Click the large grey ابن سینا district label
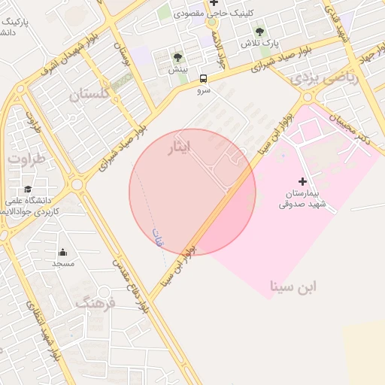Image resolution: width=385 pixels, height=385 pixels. (x=294, y=286)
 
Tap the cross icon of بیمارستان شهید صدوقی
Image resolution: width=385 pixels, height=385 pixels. (x=302, y=181)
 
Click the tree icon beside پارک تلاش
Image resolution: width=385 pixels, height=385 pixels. (x=260, y=32)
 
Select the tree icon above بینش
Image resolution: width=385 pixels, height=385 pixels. (x=177, y=57)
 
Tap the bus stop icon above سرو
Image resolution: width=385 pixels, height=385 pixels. (x=204, y=78)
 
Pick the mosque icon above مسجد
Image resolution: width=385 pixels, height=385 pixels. (x=62, y=252)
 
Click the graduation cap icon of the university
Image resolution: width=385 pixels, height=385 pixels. (x=28, y=189)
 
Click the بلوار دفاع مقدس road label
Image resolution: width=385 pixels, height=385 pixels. (x=129, y=286)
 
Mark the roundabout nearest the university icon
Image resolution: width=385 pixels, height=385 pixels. (x=77, y=183)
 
